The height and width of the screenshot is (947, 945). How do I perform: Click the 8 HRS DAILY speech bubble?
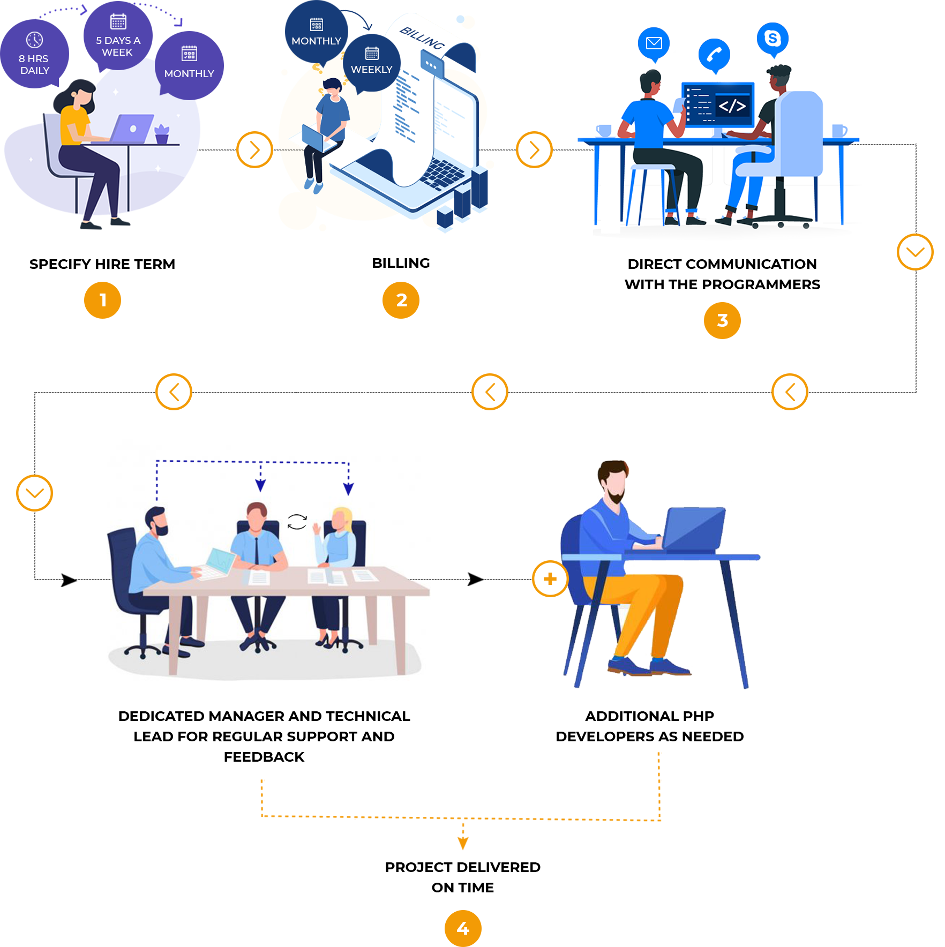pyautogui.click(x=34, y=54)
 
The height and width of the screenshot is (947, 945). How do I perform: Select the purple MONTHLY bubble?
pyautogui.click(x=189, y=65)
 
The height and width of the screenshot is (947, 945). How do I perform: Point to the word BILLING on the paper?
pyautogui.click(x=422, y=38)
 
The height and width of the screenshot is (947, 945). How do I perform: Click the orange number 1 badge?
pyautogui.click(x=102, y=300)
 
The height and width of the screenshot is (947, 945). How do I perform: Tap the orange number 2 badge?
pyautogui.click(x=401, y=300)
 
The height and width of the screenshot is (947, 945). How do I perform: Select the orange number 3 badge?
pyautogui.click(x=722, y=320)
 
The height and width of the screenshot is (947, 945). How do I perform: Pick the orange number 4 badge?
pyautogui.click(x=463, y=928)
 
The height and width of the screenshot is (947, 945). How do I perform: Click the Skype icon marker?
pyautogui.click(x=772, y=39)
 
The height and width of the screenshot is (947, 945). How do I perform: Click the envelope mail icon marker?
pyautogui.click(x=654, y=43)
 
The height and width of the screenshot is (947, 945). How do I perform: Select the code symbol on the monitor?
pyautogui.click(x=732, y=106)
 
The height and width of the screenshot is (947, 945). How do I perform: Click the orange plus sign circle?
pyautogui.click(x=550, y=579)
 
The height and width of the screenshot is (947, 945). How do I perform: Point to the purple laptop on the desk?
pyautogui.click(x=133, y=129)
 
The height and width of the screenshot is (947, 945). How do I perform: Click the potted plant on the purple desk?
pyautogui.click(x=162, y=134)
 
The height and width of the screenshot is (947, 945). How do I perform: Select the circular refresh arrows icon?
pyautogui.click(x=297, y=522)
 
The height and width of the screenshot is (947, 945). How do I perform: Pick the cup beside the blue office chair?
pyautogui.click(x=839, y=131)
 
